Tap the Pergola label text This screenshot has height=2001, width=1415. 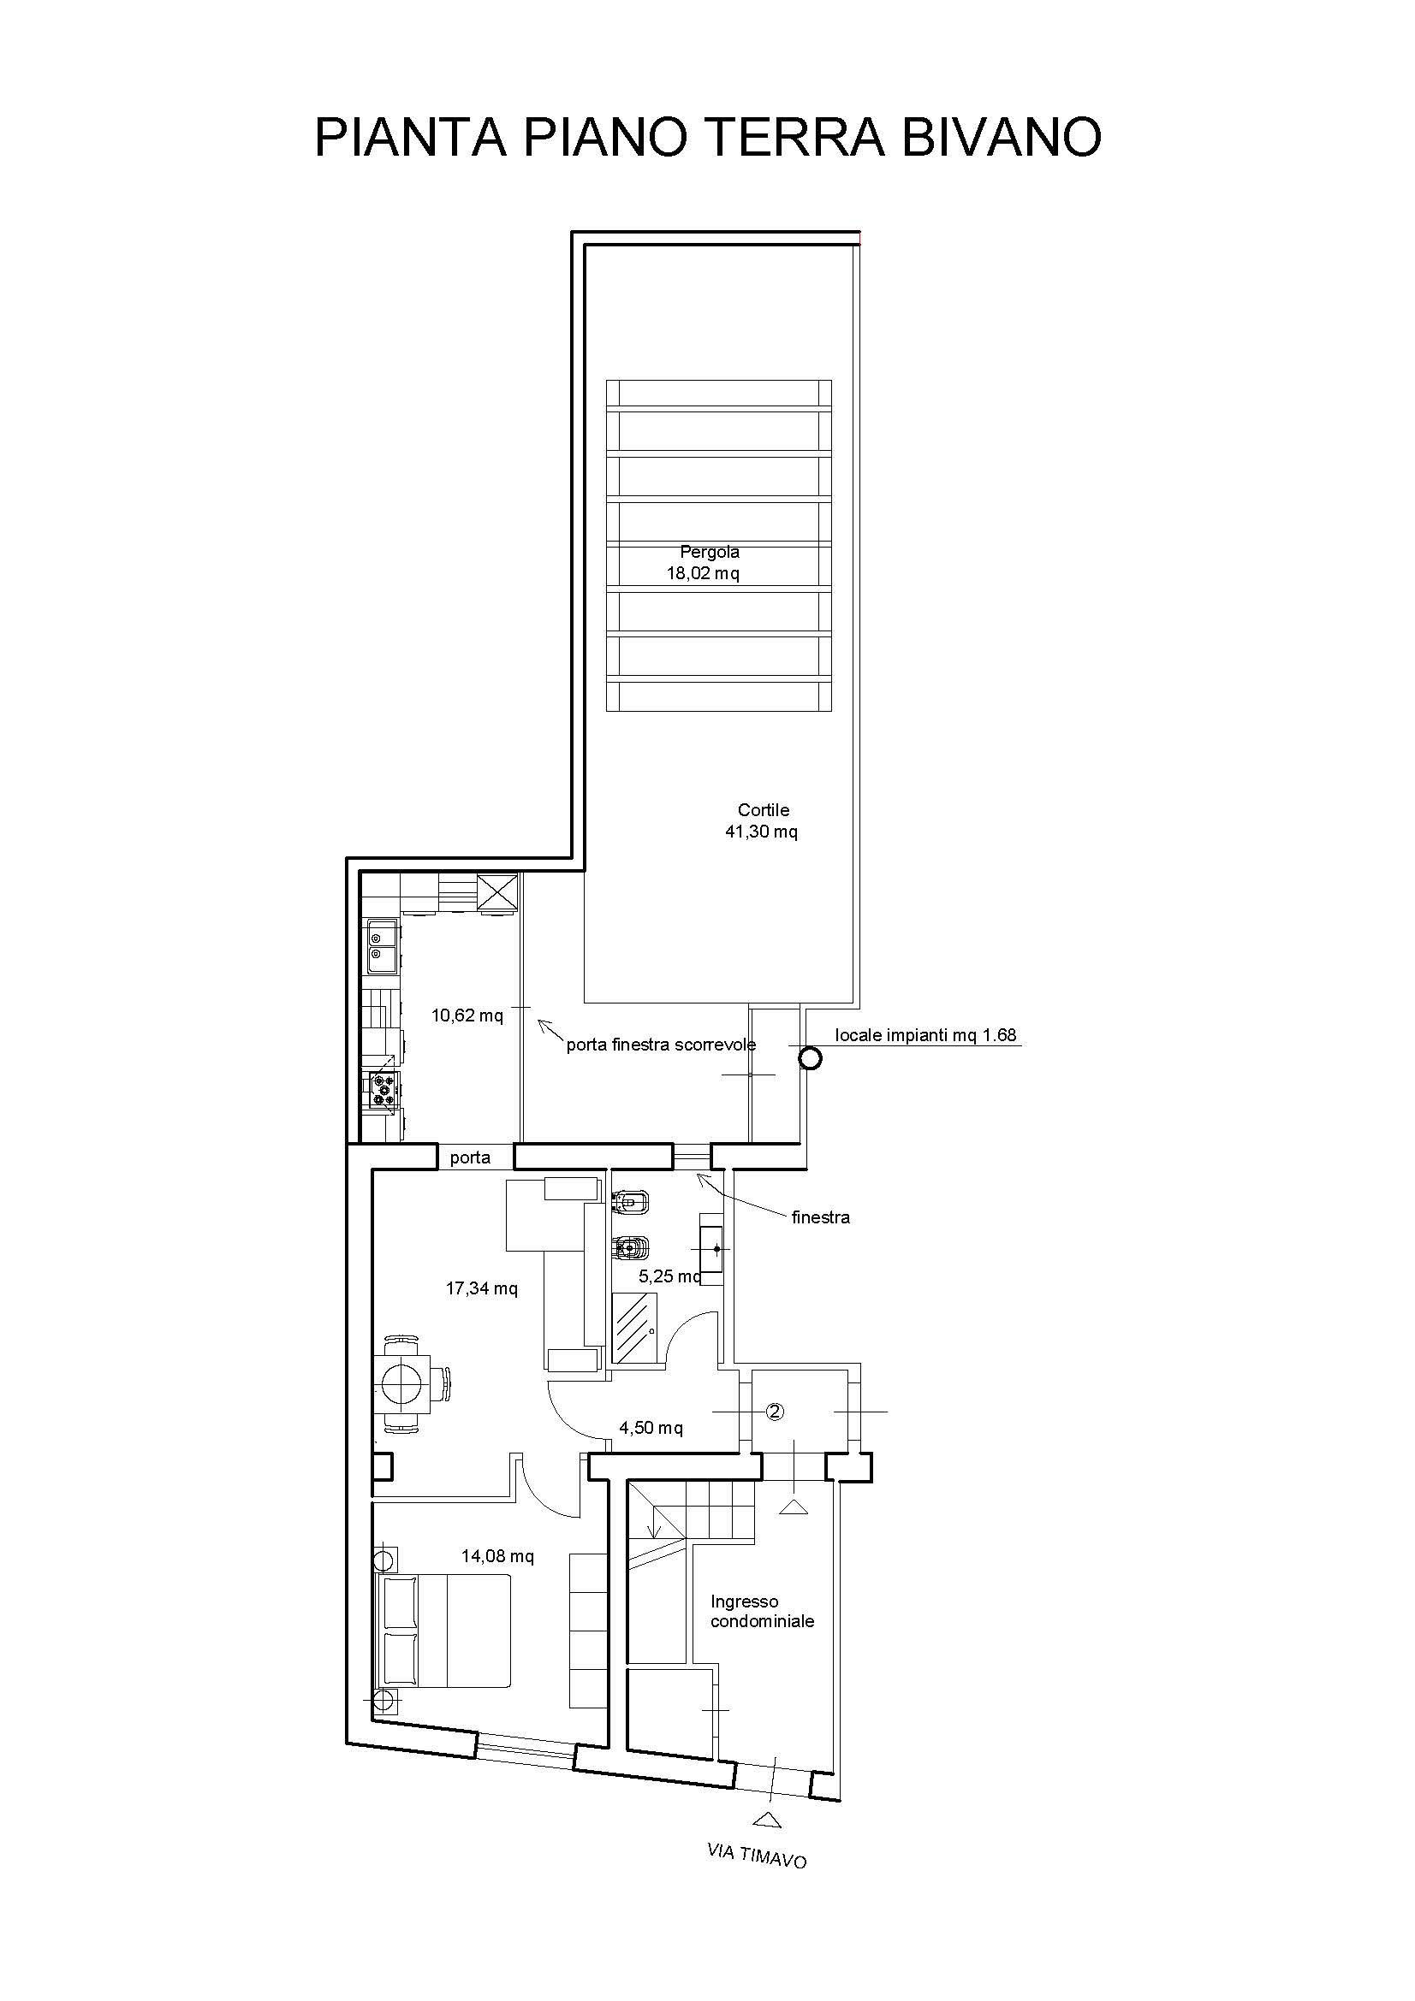point(710,552)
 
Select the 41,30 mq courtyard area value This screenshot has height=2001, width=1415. point(761,832)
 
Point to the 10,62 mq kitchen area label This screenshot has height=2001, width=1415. point(467,1015)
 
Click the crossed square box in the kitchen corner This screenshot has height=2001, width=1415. point(498,894)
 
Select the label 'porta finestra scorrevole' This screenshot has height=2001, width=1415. point(661,1045)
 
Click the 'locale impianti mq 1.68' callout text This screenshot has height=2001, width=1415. point(926,1035)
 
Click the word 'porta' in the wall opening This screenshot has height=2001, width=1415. point(470,1158)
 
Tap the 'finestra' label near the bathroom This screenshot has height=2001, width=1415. point(820,1217)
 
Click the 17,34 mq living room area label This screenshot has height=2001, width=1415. point(482,1288)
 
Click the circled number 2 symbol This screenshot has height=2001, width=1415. point(775,1411)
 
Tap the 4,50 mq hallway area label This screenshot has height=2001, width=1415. point(651,1429)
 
